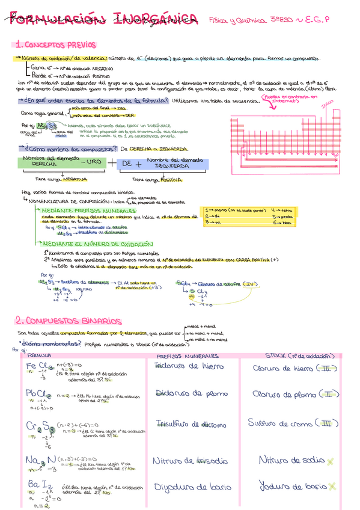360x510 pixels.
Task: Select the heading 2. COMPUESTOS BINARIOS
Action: pyautogui.click(x=61, y=320)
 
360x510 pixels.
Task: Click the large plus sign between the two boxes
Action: pyautogui.click(x=112, y=162)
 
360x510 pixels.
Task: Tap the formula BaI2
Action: pyautogui.click(x=37, y=485)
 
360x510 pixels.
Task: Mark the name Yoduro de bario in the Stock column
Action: pyautogui.click(x=293, y=486)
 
